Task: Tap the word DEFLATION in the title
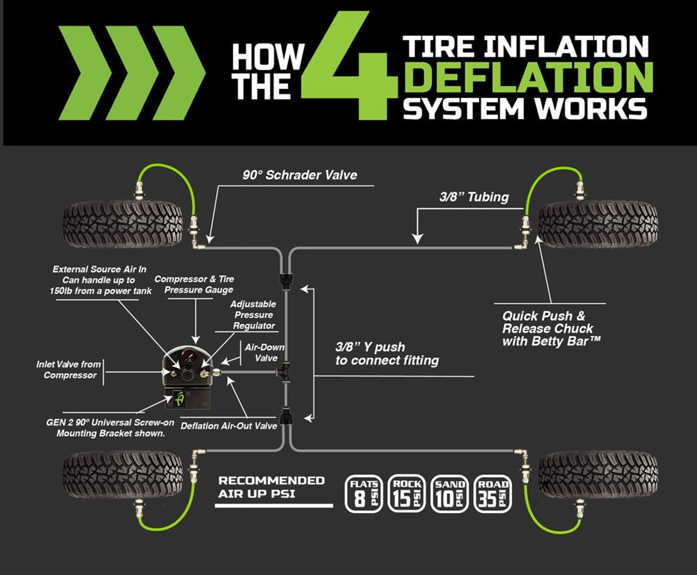[x=528, y=77]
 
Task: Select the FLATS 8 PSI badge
[x=363, y=494]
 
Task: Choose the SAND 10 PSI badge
[x=450, y=494]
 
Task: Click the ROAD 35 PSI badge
[x=493, y=494]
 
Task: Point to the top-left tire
[x=123, y=224]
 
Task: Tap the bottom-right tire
[x=598, y=474]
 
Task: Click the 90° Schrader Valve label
[x=299, y=175]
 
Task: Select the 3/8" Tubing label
[x=474, y=197]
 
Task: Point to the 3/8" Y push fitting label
[x=387, y=354]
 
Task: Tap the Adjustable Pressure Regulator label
[x=254, y=315]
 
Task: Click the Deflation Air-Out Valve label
[x=229, y=426]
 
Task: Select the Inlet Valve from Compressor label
[x=69, y=370]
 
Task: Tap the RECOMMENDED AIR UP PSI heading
[x=271, y=487]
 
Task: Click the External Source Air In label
[x=100, y=280]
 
